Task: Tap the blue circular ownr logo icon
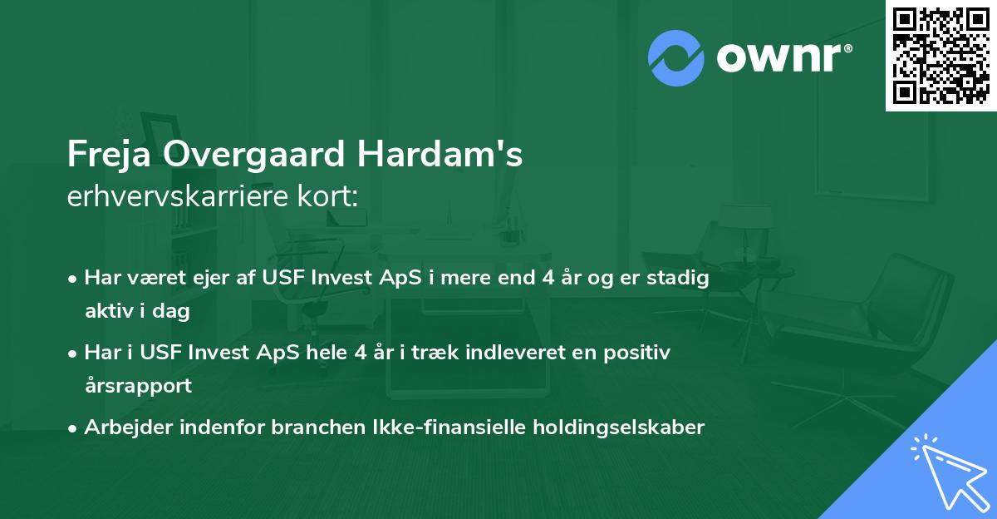point(676,58)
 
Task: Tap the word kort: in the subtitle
point(331,198)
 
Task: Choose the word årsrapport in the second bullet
point(138,386)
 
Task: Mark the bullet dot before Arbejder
point(73,428)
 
